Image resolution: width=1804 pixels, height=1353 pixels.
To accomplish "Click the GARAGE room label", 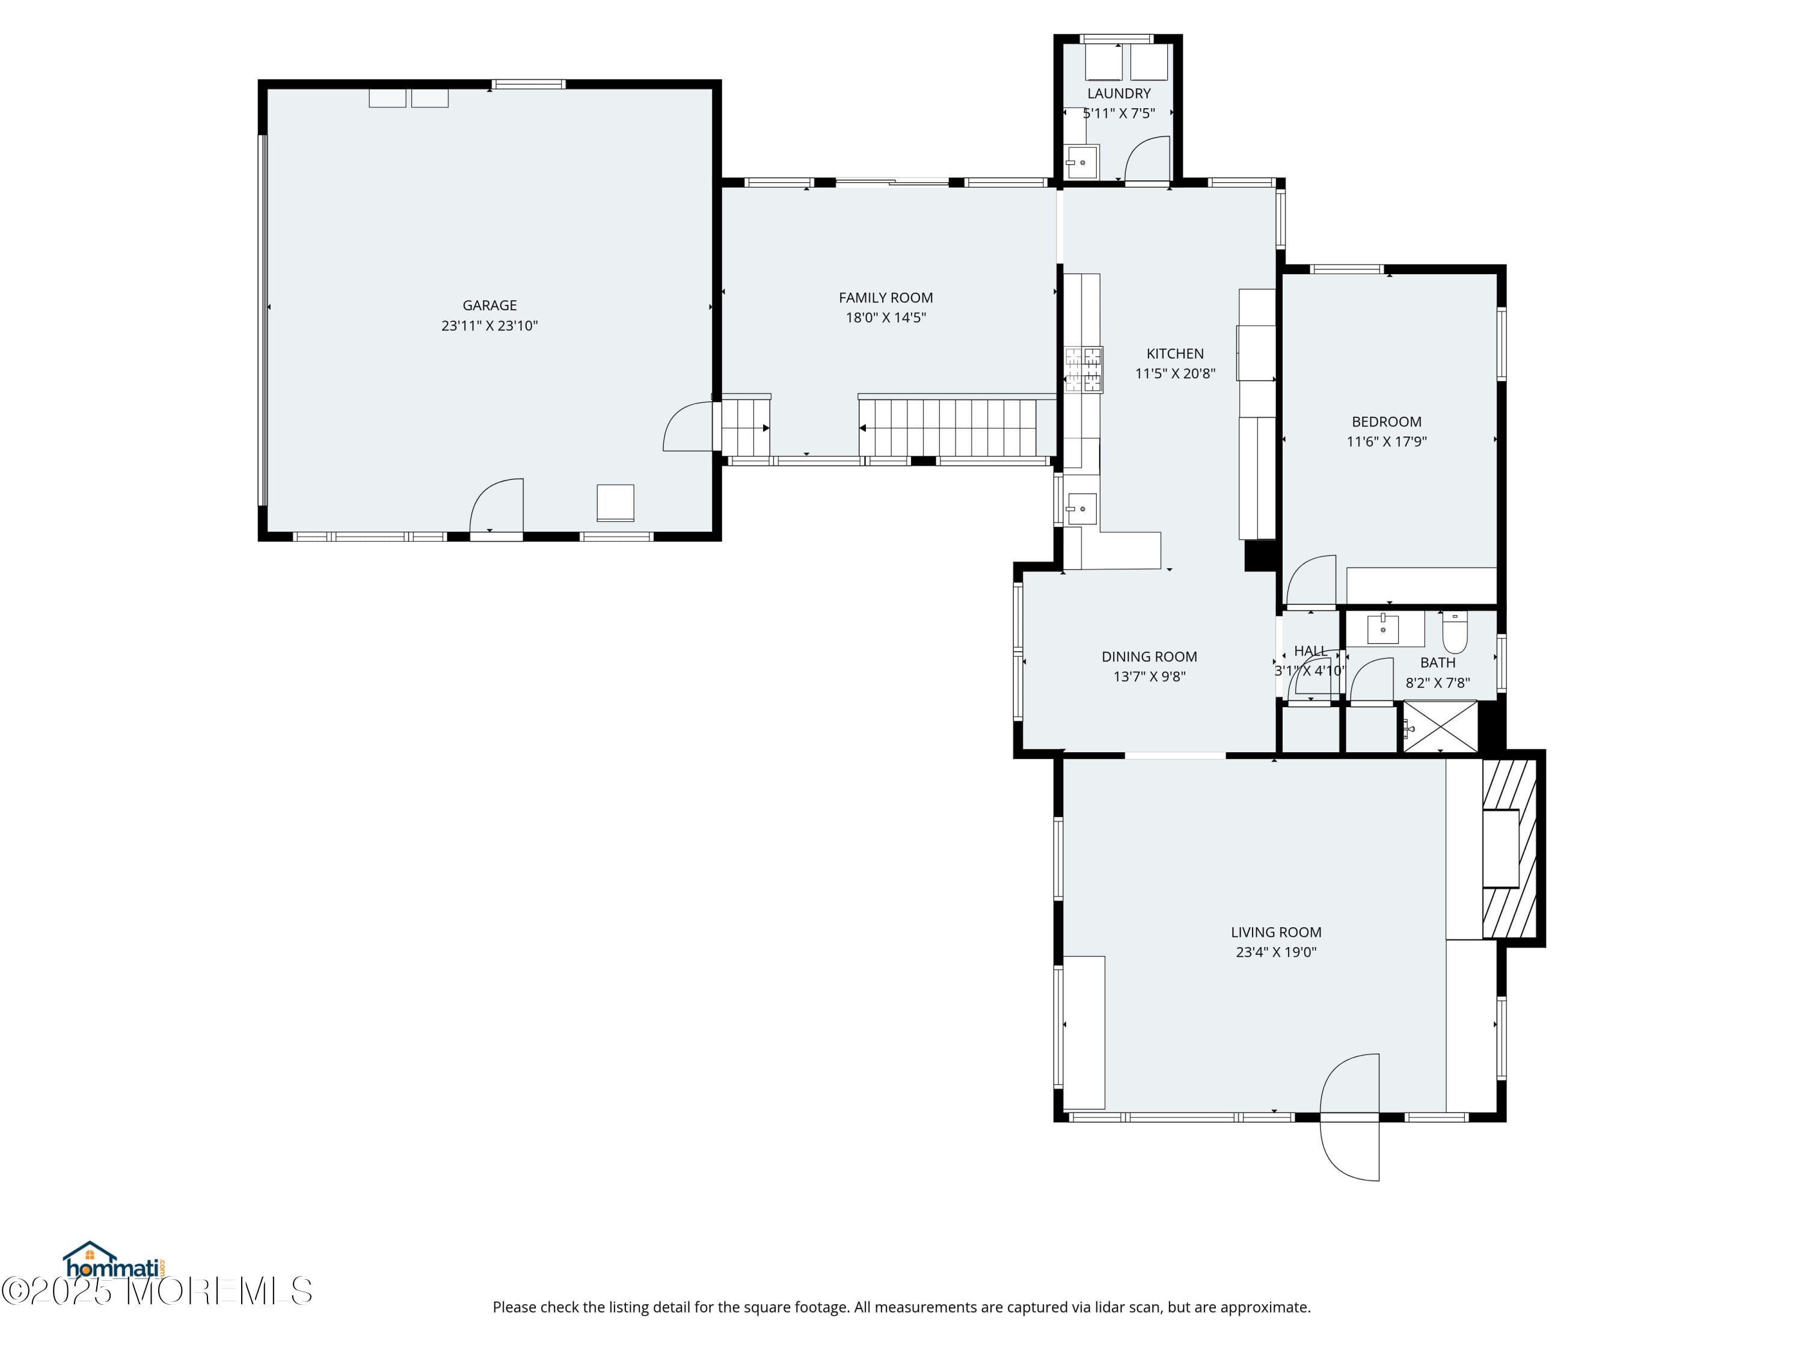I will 489,305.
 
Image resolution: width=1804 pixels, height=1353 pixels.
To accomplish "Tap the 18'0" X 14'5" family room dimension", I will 886,318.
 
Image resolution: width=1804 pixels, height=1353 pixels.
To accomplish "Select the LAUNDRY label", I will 1118,94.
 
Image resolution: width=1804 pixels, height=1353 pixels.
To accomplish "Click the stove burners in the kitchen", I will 1083,369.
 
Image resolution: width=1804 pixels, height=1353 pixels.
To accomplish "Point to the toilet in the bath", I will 1454,632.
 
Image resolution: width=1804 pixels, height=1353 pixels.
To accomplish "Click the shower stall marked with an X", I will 1440,726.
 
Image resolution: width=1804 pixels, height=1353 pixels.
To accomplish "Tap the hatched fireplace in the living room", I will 1509,848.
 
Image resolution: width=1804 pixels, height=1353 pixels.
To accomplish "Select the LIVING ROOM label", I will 1275,932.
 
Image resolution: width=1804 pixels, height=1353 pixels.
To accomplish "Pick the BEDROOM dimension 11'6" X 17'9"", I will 1387,441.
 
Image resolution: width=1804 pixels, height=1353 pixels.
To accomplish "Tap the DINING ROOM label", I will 1149,657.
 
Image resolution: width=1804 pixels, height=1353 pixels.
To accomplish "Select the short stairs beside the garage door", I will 744,426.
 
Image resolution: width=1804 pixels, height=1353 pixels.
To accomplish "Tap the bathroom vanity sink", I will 1383,630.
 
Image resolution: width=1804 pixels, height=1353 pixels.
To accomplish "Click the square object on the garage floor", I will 615,502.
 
